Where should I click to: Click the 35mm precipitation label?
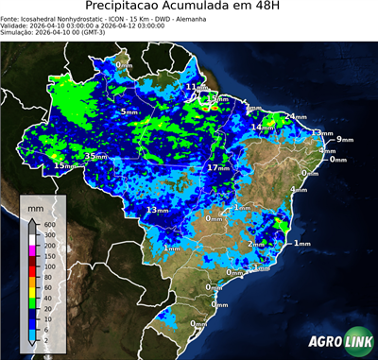[96, 156]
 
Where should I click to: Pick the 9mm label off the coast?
[344, 139]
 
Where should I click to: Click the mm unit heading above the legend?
[35, 205]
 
